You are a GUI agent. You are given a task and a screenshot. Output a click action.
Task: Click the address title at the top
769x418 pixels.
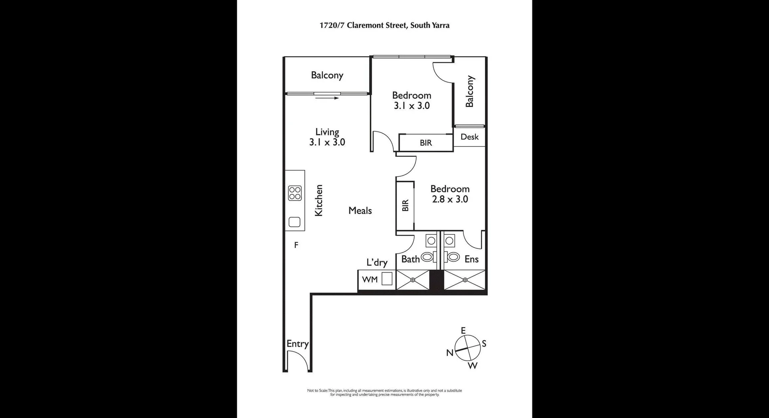(x=384, y=26)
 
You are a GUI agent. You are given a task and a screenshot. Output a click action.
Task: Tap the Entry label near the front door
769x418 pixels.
(x=298, y=344)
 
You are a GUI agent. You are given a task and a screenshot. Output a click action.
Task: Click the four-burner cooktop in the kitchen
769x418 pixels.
(x=295, y=193)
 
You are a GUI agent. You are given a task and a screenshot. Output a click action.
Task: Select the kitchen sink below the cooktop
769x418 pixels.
(x=295, y=222)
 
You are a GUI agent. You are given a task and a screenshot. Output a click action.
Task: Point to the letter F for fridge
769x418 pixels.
(x=296, y=245)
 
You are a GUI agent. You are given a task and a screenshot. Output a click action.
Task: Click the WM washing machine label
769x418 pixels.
(x=370, y=279)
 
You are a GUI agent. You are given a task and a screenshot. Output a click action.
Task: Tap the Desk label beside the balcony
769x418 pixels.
(x=469, y=137)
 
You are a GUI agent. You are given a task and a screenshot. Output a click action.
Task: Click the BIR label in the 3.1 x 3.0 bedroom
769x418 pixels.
(x=426, y=143)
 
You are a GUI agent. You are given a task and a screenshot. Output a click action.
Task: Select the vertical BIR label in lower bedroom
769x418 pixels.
(x=405, y=206)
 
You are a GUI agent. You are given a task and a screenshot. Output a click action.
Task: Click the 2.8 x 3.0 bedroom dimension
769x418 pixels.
(x=450, y=199)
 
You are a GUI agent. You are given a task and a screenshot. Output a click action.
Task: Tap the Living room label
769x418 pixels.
(x=327, y=132)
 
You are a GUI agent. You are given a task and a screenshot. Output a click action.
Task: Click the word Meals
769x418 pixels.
(x=360, y=210)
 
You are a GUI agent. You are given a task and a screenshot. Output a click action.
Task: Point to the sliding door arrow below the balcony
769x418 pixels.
(x=327, y=97)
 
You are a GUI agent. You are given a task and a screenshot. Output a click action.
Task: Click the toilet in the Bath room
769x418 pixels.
(x=428, y=257)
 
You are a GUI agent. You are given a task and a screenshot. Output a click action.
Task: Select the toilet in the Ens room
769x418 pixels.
(x=453, y=257)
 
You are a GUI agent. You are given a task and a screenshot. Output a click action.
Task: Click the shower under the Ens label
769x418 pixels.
(x=465, y=280)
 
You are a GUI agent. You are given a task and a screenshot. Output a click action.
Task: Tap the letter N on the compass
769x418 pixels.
(x=450, y=353)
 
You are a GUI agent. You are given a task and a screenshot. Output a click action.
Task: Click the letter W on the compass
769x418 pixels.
(x=473, y=365)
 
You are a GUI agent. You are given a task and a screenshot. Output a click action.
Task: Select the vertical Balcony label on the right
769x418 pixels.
(x=469, y=91)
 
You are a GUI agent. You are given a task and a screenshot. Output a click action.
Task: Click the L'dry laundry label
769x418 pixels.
(x=377, y=263)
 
